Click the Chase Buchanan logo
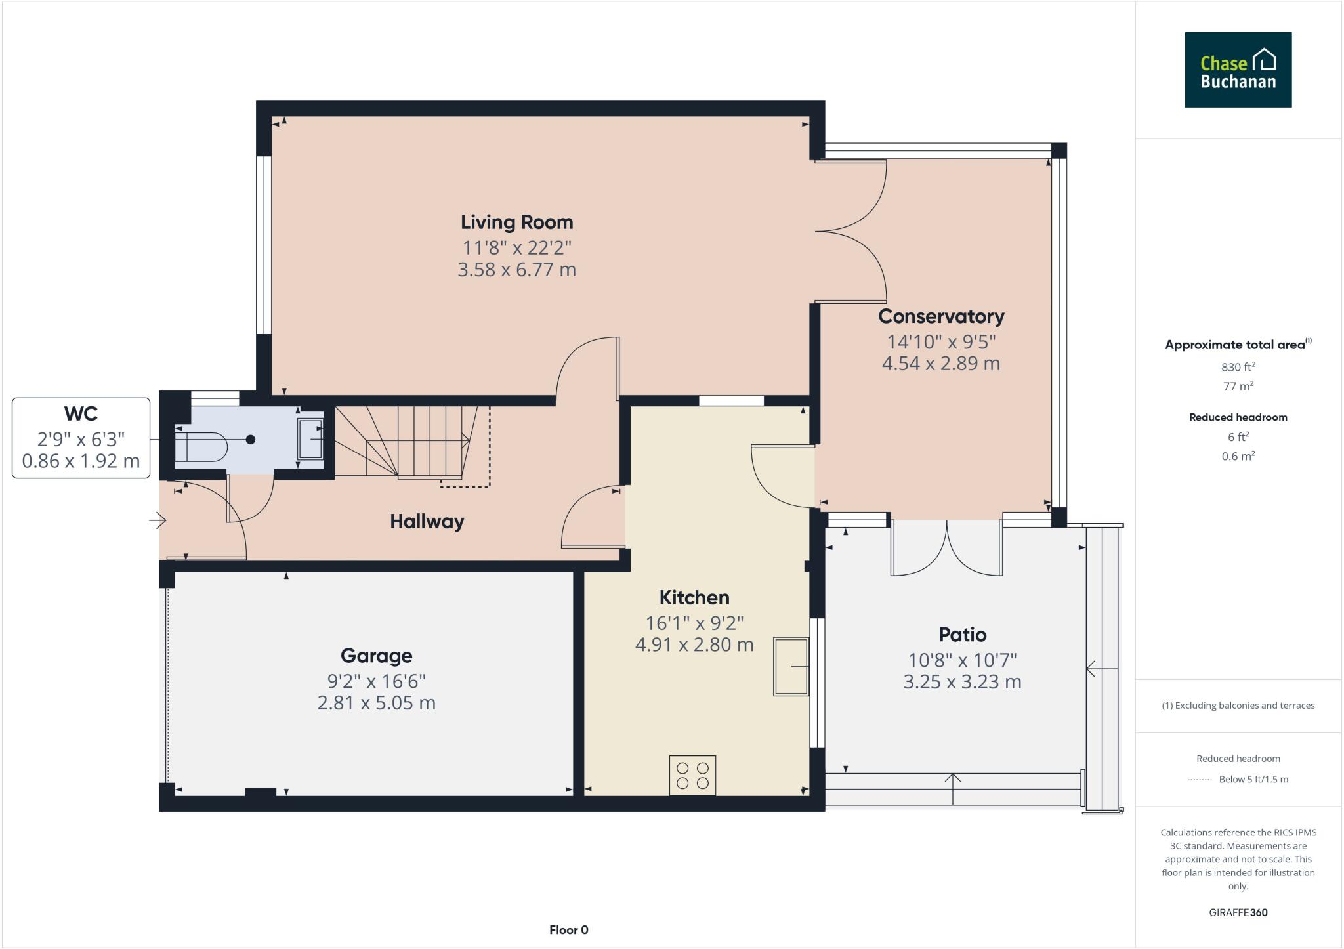coord(1238,70)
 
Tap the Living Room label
coord(516,222)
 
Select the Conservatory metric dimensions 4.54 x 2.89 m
coord(940,364)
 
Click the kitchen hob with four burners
coord(692,775)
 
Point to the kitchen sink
coord(791,666)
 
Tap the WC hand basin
coord(310,438)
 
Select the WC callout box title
coord(81,413)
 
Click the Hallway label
coord(427,522)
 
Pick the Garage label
coord(376,656)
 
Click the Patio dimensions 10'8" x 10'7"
coord(962,660)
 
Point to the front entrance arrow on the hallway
coord(157,521)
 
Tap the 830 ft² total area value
coord(1238,367)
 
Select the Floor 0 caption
coord(568,930)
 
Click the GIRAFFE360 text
coord(1238,912)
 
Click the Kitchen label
coord(694,598)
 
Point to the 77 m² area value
coord(1238,386)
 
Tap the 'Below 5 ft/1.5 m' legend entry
coord(1253,780)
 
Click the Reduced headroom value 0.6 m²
coord(1238,456)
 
